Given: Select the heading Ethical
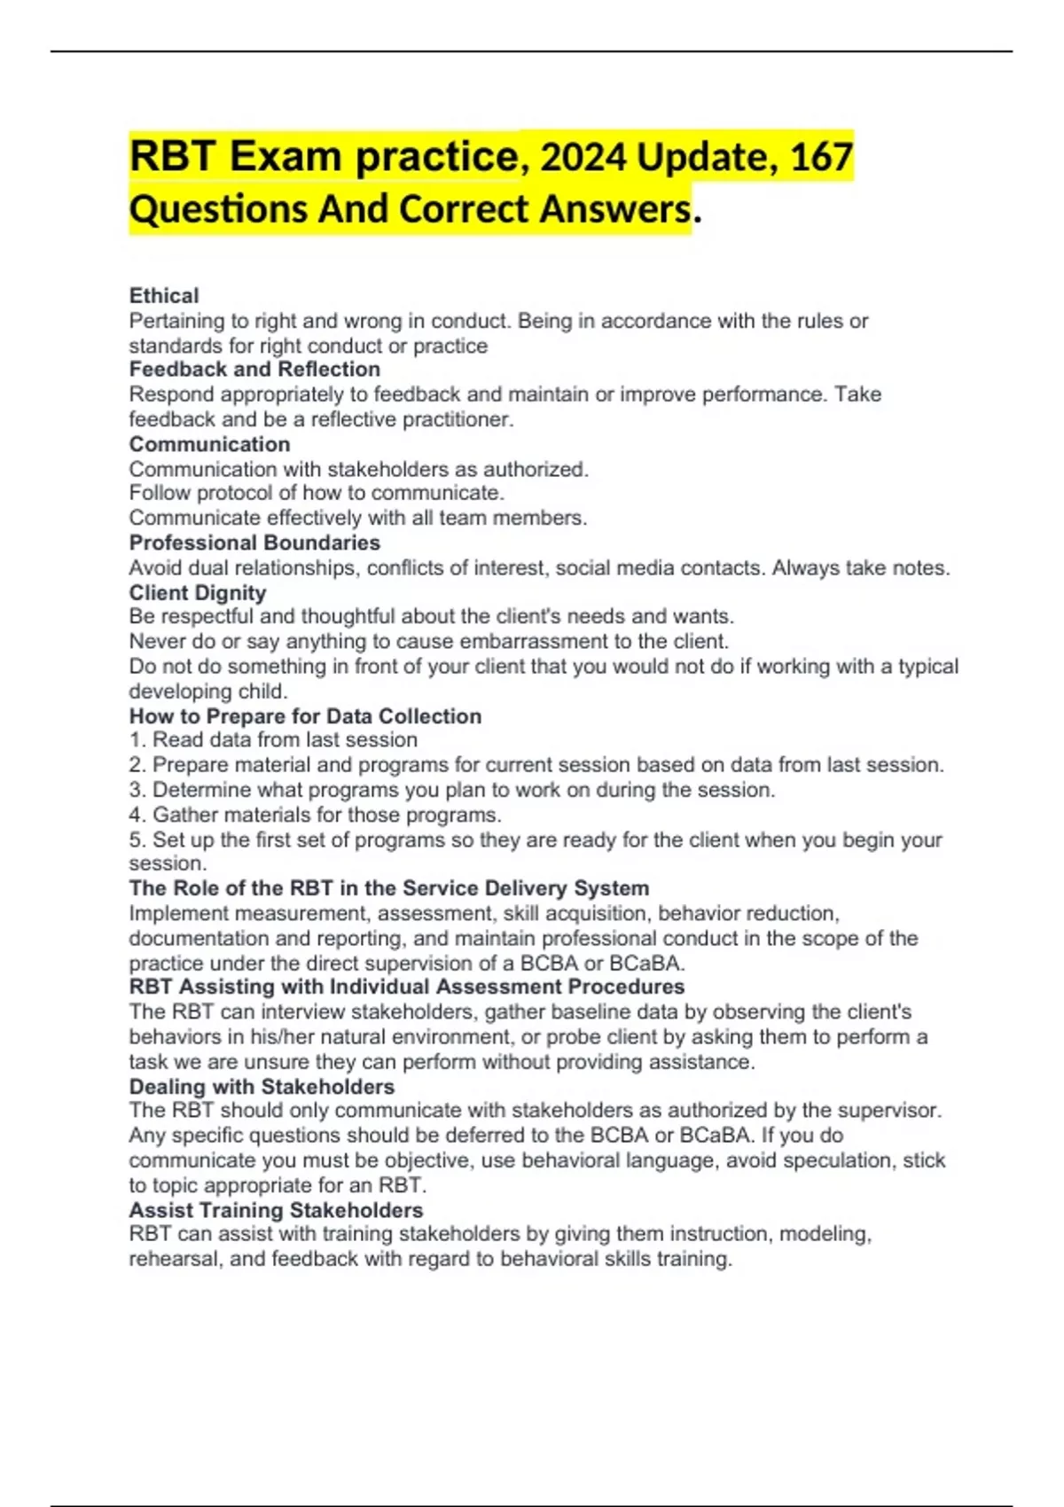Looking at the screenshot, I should coord(164,295).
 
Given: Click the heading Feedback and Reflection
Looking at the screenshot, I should coord(254,369).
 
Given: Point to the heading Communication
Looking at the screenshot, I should coord(209,444).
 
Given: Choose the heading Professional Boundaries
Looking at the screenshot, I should coord(254,543).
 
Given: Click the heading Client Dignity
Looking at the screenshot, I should coord(197,592).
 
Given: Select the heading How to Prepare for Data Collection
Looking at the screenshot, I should coord(305,716).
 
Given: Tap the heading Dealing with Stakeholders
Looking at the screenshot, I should coord(262,1087).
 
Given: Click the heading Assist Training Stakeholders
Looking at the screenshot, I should coord(276,1210).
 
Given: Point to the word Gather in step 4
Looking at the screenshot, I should coord(183,815).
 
